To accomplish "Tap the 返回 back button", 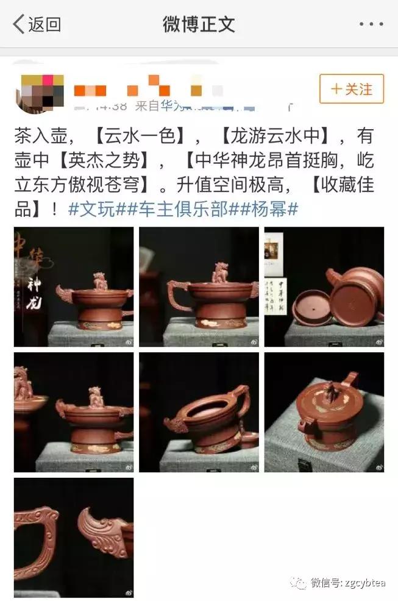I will coord(37,24).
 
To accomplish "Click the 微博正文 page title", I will coord(199,24).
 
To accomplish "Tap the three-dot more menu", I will coord(371,24).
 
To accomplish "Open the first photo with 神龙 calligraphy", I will coord(74,286).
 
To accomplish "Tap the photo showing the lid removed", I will coord(324,286).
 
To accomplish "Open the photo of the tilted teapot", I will coord(199,412).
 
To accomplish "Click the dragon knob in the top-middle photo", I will coord(219,272).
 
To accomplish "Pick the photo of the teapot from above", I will coord(324,412).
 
